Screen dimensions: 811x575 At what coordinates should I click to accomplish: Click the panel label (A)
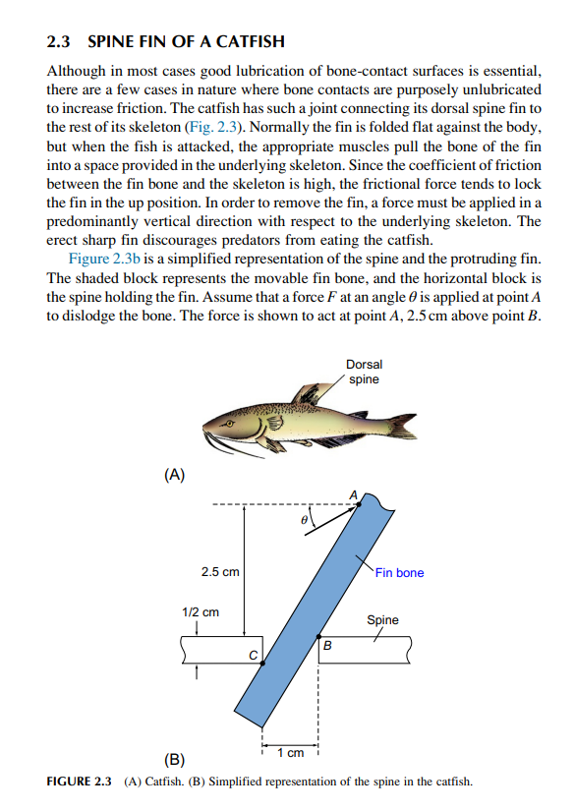[174, 476]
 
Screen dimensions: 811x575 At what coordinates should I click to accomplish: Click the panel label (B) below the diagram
[174, 759]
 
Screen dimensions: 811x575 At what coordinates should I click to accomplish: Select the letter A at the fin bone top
[352, 492]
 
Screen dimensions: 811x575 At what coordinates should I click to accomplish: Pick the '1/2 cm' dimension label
[201, 611]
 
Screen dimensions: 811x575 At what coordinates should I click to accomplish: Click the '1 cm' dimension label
[290, 753]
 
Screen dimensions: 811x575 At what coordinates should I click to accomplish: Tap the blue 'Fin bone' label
[399, 572]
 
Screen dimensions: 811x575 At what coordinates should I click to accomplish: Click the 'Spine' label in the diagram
[382, 620]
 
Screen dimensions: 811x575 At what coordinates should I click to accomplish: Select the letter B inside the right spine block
[328, 646]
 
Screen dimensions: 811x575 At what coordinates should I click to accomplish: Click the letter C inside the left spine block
[253, 654]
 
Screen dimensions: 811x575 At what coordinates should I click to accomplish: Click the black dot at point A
[358, 502]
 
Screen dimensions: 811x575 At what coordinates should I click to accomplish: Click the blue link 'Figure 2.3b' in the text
[105, 259]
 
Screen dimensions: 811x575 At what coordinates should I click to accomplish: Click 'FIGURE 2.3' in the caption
[80, 782]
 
